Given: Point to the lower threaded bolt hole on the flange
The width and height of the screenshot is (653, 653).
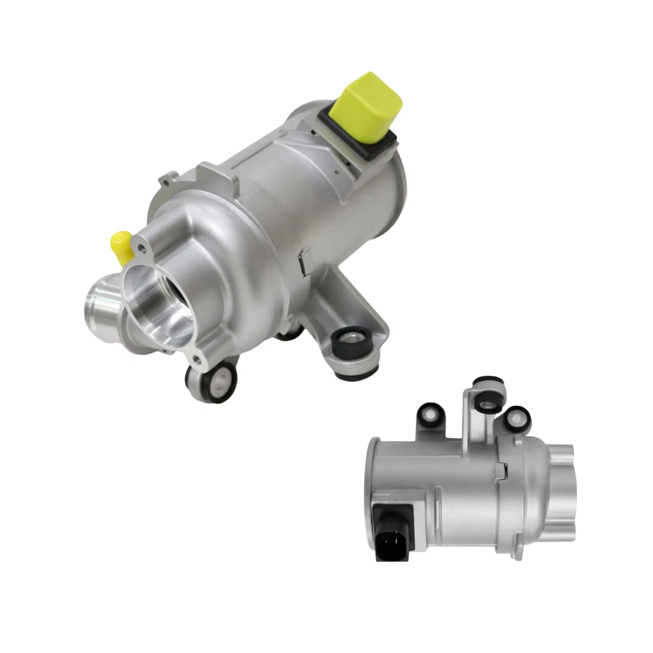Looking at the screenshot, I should point(196,359).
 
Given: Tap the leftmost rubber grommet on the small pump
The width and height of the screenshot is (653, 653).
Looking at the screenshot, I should point(429,414).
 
